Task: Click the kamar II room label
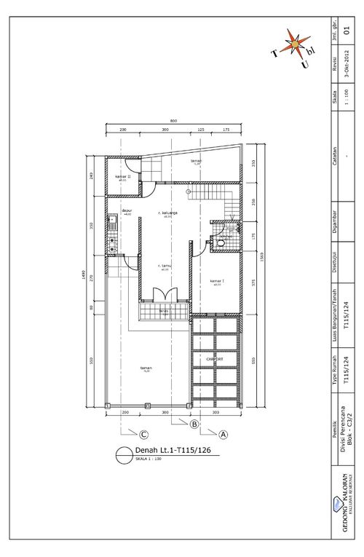(123, 176)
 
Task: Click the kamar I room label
(217, 280)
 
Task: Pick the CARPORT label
(215, 360)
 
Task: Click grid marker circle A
(223, 434)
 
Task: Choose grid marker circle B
(194, 424)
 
